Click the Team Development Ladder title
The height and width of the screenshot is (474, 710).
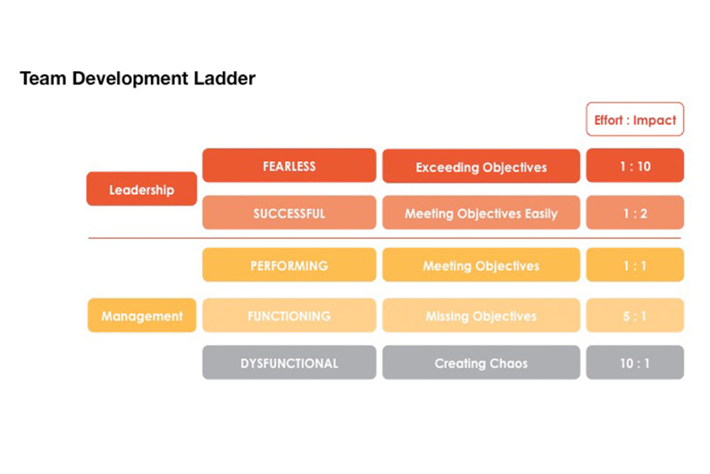tap(138, 78)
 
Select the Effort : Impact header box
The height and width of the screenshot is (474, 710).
tap(635, 119)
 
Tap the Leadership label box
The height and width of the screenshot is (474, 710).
tap(142, 189)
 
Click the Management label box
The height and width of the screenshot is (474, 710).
tap(142, 316)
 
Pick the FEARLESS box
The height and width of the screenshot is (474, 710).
tap(290, 166)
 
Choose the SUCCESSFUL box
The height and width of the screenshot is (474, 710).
tap(290, 212)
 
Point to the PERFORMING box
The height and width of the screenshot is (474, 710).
tap(290, 264)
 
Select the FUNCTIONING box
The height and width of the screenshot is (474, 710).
tap(290, 316)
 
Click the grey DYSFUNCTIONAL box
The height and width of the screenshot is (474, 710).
tap(290, 362)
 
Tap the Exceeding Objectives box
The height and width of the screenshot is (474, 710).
tap(481, 166)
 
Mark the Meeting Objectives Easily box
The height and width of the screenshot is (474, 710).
tap(481, 212)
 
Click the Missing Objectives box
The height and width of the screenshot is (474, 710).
tap(481, 316)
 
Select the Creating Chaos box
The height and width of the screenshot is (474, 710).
tap(481, 362)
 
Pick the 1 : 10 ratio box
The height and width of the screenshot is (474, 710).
tap(635, 166)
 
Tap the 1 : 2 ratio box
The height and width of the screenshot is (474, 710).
tap(635, 212)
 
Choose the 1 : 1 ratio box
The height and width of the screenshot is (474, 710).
tap(635, 264)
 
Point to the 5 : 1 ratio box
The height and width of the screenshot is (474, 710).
tap(635, 316)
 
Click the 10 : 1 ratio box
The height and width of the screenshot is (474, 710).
tap(635, 362)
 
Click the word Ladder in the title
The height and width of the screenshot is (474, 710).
tap(224, 78)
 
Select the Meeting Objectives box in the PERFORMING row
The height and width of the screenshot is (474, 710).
tap(481, 264)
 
